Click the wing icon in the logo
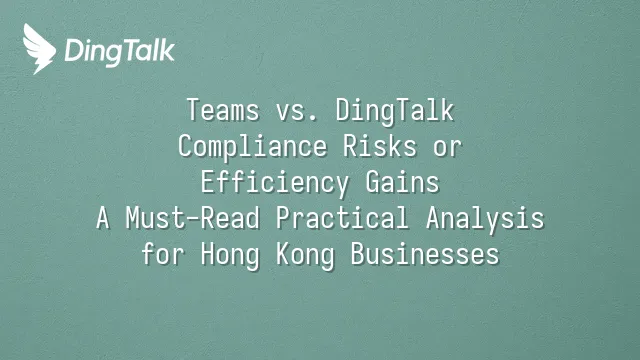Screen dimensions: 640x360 39,49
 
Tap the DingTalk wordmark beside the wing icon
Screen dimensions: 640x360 120,52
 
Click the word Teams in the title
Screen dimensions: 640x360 223,110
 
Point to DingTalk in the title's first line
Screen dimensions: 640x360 395,111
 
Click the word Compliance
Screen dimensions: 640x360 253,147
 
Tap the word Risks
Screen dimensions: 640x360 380,146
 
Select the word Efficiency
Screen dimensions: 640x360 275,182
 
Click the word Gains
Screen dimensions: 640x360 402,182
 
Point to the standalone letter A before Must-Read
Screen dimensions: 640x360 103,218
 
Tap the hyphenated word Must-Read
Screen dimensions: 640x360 193,218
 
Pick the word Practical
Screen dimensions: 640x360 342,217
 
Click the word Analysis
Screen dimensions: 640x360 485,218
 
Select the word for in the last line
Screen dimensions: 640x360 163,253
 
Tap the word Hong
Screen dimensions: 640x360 230,254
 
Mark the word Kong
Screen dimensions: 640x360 305,254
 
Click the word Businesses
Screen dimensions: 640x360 425,253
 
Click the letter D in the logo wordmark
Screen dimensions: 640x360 74,50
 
